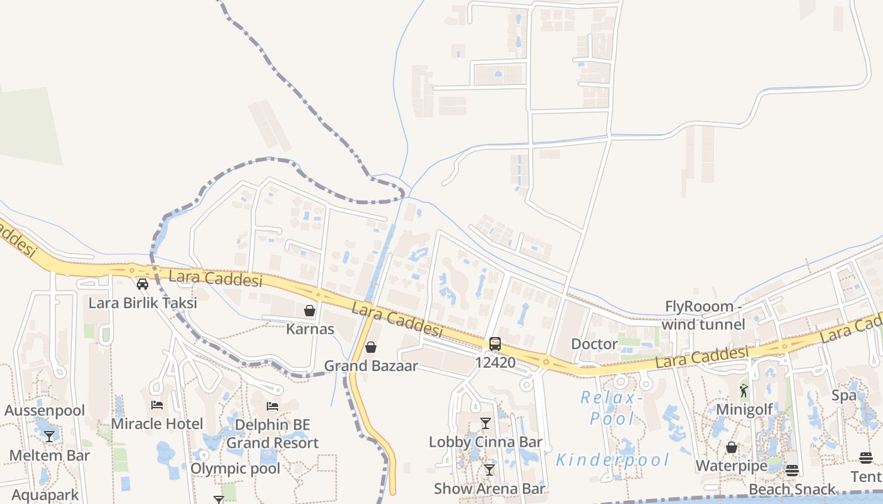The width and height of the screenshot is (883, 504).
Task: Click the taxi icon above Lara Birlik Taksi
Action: click(x=143, y=284)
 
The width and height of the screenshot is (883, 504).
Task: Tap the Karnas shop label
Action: click(x=310, y=329)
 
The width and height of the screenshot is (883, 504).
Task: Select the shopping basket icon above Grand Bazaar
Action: click(x=371, y=347)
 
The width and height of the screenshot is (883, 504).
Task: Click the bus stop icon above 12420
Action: click(x=495, y=344)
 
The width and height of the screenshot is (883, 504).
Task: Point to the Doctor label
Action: click(x=594, y=344)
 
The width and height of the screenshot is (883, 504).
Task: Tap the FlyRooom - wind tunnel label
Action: click(x=704, y=315)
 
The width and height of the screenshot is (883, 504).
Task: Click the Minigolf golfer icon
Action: click(x=744, y=391)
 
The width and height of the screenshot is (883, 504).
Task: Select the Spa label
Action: click(x=844, y=396)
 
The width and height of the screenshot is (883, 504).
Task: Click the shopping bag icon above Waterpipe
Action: click(x=732, y=447)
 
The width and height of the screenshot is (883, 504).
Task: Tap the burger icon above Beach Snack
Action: click(x=792, y=471)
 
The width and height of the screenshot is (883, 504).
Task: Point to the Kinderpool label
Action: click(x=612, y=461)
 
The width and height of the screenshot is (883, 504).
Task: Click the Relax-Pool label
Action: click(x=612, y=408)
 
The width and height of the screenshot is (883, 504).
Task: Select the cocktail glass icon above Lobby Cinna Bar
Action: click(x=486, y=423)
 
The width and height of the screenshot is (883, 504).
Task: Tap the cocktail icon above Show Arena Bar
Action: click(x=489, y=470)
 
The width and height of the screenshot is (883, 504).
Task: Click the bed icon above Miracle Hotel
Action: click(x=157, y=405)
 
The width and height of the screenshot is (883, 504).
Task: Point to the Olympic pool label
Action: click(x=235, y=469)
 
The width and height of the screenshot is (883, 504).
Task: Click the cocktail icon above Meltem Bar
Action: click(x=49, y=437)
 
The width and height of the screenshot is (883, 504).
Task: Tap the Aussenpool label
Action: click(x=45, y=411)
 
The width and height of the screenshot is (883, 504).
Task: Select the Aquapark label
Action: click(x=45, y=495)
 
